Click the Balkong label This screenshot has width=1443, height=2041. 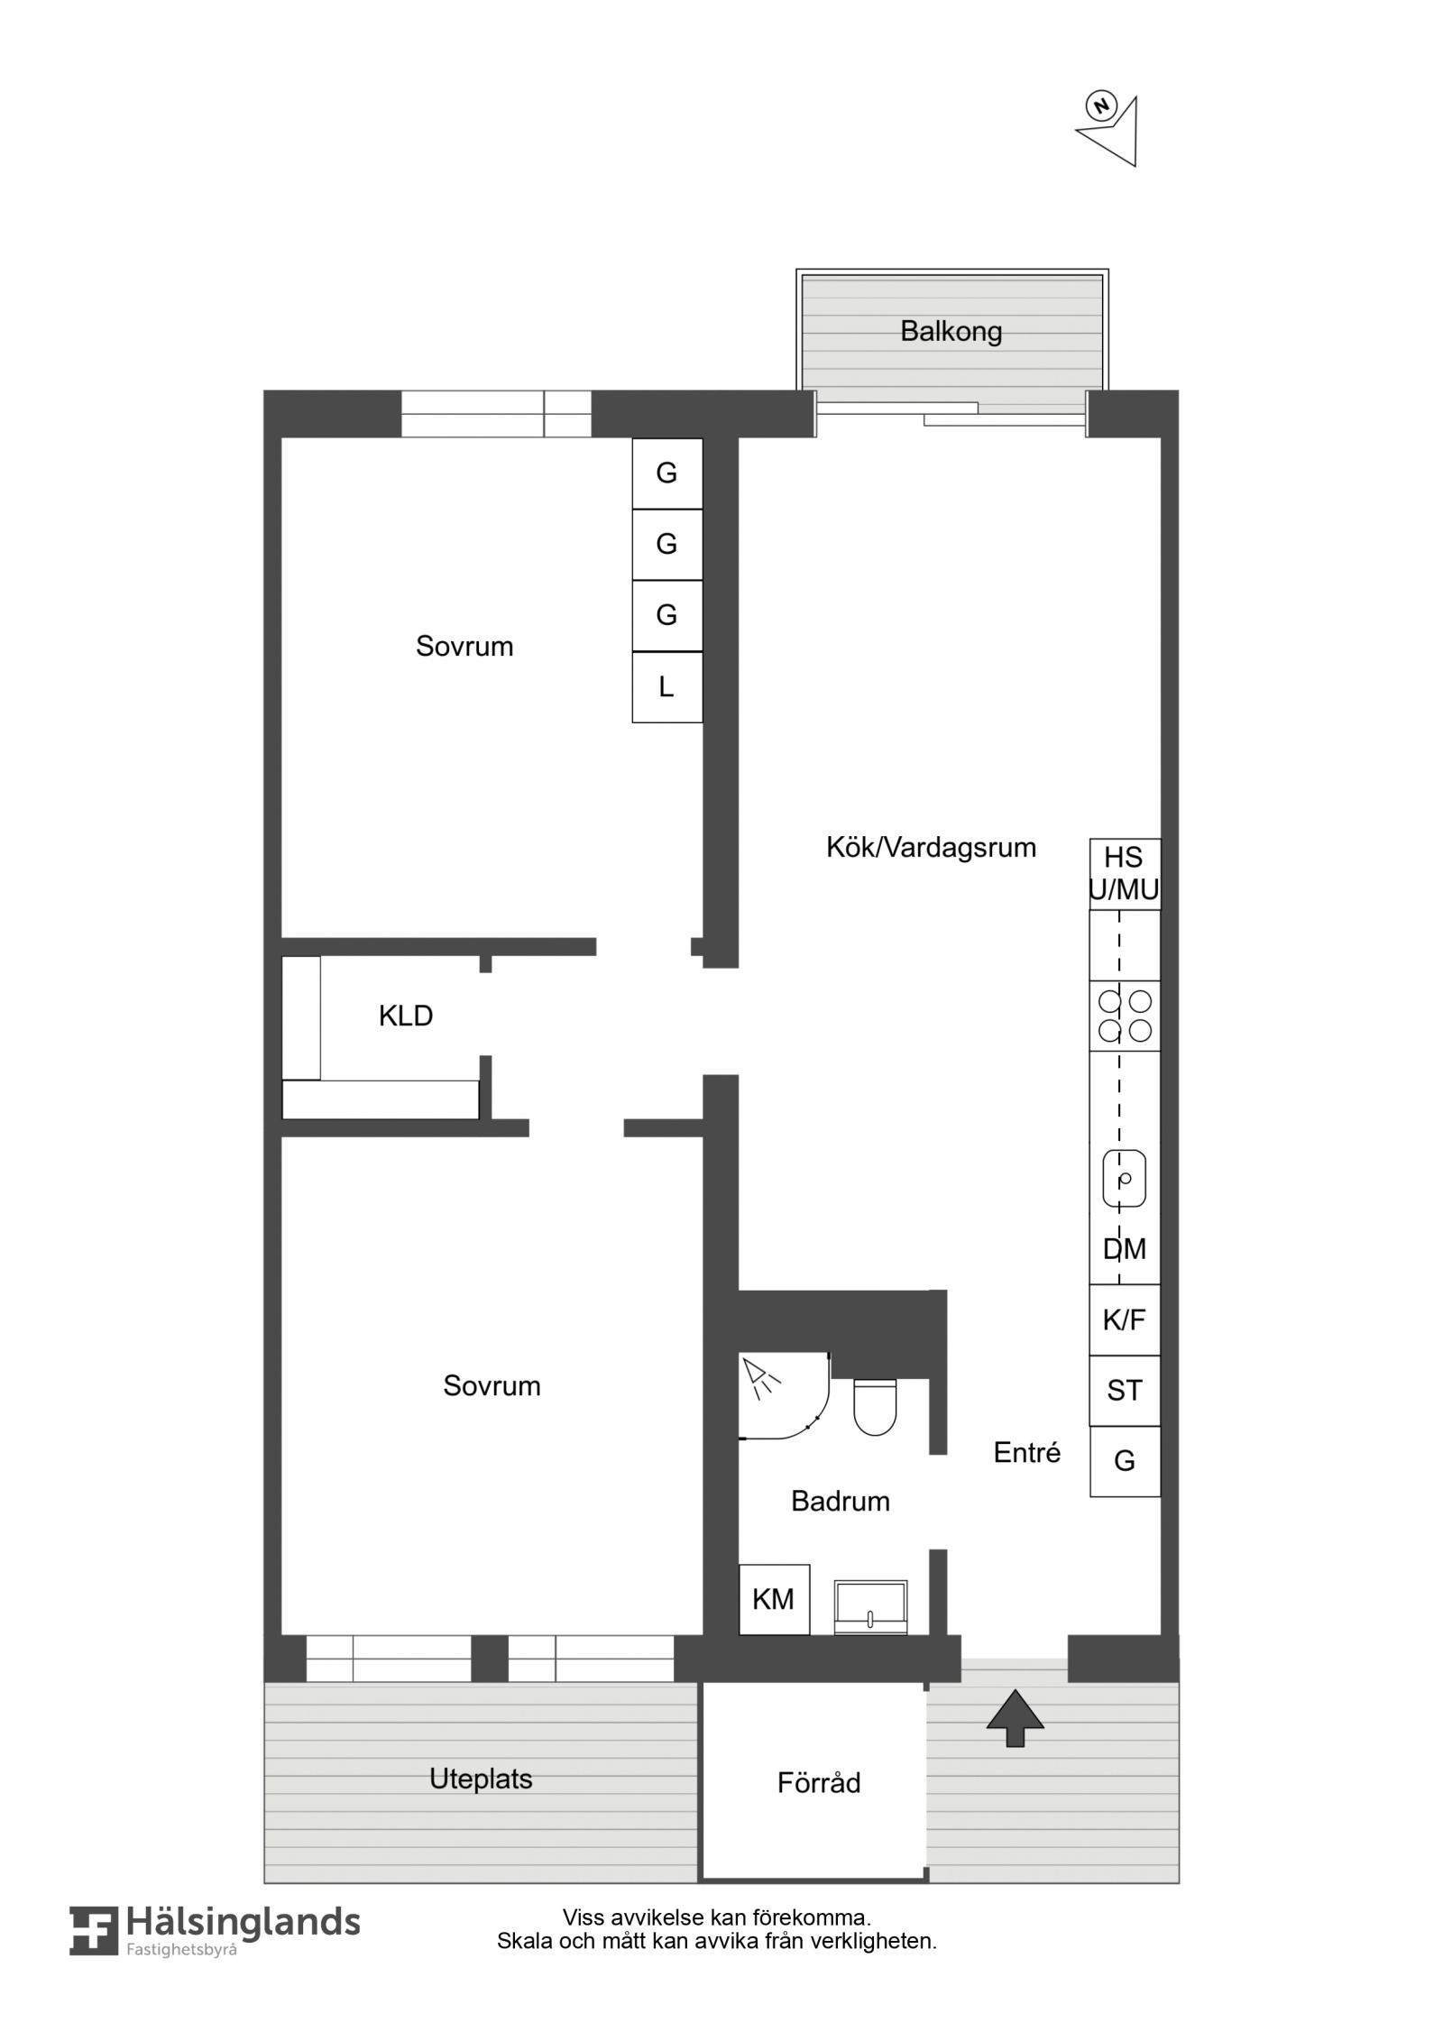(x=951, y=332)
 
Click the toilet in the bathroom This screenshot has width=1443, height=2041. (x=874, y=1406)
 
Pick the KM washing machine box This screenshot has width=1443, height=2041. (x=774, y=1599)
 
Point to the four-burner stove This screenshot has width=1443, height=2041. (x=1125, y=1016)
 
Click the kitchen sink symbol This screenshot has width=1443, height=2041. (x=1125, y=1178)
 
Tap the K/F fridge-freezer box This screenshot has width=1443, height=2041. (x=1125, y=1319)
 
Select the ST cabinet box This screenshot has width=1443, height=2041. (x=1125, y=1391)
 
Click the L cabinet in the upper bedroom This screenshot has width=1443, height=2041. (x=666, y=687)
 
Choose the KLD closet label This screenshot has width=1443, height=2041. (x=406, y=1016)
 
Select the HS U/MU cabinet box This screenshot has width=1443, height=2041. (x=1125, y=874)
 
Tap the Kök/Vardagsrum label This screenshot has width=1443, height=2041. (x=931, y=848)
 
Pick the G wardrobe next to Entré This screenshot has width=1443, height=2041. (x=1125, y=1461)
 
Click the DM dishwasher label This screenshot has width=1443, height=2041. (x=1125, y=1249)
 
